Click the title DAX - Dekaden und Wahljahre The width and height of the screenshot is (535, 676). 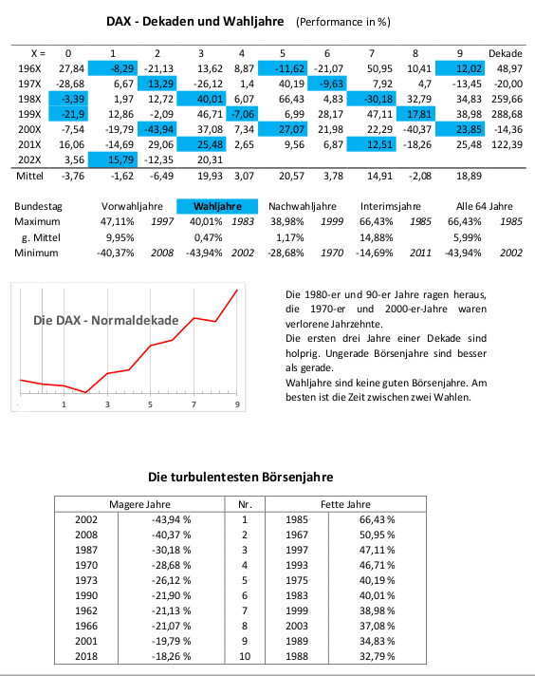coord(195,22)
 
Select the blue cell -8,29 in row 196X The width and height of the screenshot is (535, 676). coord(113,68)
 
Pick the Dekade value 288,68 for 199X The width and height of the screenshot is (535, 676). coord(507,114)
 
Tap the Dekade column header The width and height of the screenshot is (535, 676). coord(506,53)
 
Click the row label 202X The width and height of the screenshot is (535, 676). coord(29,160)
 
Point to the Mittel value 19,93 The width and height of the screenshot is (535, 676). coord(210,176)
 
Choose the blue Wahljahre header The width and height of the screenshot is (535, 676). coord(217,207)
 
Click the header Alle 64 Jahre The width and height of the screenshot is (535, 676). coord(484,207)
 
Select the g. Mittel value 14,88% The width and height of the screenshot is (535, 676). coord(376,237)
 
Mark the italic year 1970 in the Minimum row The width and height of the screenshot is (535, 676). coord(332,253)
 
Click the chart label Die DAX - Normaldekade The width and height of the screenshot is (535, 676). coord(106,320)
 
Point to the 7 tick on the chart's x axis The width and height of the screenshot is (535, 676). coord(194,404)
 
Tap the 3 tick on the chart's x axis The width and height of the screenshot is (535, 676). coord(107,404)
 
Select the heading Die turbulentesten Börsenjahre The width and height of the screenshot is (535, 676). coord(240,477)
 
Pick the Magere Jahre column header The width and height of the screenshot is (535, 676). coord(139,504)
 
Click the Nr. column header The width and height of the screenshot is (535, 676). coord(245,504)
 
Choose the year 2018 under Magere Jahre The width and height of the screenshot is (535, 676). coord(86,656)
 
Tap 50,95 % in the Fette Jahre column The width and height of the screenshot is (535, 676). coord(377,535)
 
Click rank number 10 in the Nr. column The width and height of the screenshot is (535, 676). coord(245,656)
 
